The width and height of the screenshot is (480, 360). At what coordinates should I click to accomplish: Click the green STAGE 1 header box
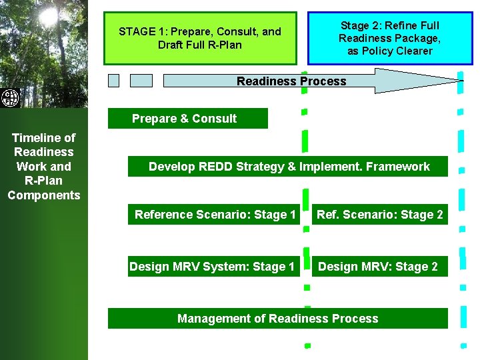[x=200, y=38]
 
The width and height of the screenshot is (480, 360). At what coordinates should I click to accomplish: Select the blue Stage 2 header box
[x=390, y=38]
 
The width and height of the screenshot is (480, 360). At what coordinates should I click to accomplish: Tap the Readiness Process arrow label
[x=291, y=81]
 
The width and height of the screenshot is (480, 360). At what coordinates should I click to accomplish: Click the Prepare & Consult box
[x=187, y=119]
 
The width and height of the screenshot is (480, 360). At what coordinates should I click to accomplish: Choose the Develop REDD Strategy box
[x=289, y=167]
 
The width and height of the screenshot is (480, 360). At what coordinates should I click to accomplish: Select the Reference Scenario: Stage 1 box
[x=215, y=215]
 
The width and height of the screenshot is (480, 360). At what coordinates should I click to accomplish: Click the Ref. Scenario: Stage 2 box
[x=379, y=215]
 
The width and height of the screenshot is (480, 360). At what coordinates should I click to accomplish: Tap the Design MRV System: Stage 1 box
[x=212, y=267]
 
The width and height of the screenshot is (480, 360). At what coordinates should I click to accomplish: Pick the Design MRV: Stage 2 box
[x=378, y=267]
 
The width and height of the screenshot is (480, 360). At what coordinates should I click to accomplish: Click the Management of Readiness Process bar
[x=277, y=319]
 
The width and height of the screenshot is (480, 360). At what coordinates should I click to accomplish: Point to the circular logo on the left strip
[x=10, y=98]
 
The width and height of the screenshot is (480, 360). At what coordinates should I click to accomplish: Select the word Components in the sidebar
[x=44, y=195]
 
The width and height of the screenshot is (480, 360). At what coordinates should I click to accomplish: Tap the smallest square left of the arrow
[x=114, y=81]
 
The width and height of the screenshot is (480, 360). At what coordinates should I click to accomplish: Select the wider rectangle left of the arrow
[x=141, y=81]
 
